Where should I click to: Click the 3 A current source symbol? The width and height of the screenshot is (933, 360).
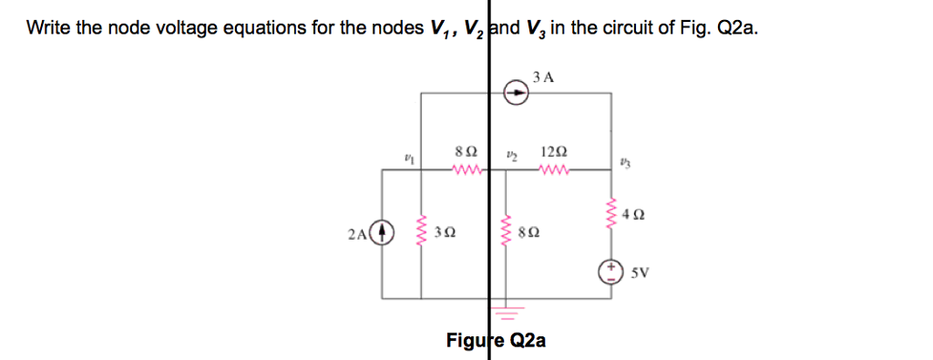pos(517,92)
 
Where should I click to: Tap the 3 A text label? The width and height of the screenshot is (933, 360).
pos(543,77)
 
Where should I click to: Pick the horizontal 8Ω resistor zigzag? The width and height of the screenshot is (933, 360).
pos(466,169)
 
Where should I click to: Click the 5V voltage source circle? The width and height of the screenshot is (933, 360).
pos(610,271)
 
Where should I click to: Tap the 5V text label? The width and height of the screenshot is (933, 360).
pos(637,272)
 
